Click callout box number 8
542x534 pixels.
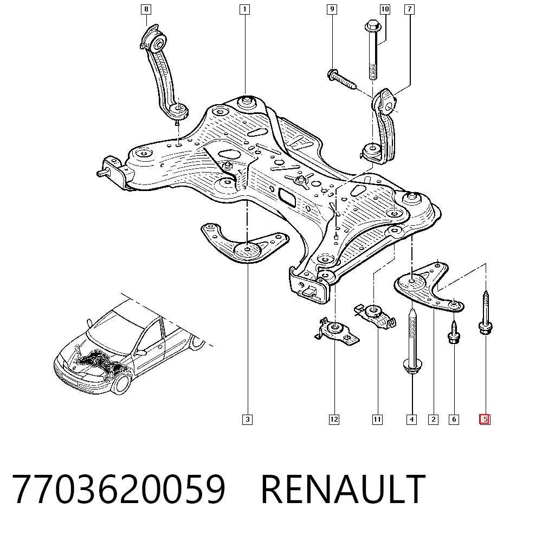click(x=146, y=9)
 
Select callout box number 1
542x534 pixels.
click(x=245, y=9)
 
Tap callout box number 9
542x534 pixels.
click(x=332, y=9)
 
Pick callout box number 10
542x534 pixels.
click(x=385, y=9)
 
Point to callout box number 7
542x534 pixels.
click(x=410, y=9)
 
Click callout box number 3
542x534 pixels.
click(x=248, y=419)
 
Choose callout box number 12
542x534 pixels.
click(x=334, y=419)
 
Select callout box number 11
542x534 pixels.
click(x=377, y=419)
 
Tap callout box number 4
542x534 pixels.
click(x=412, y=419)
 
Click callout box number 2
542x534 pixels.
click(x=434, y=419)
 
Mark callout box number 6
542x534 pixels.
click(x=454, y=419)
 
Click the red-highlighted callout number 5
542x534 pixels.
click(x=485, y=419)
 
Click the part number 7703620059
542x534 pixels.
click(x=119, y=488)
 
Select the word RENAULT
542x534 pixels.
click(x=343, y=488)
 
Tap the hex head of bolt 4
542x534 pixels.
click(x=412, y=366)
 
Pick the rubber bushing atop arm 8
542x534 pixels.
click(x=158, y=42)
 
